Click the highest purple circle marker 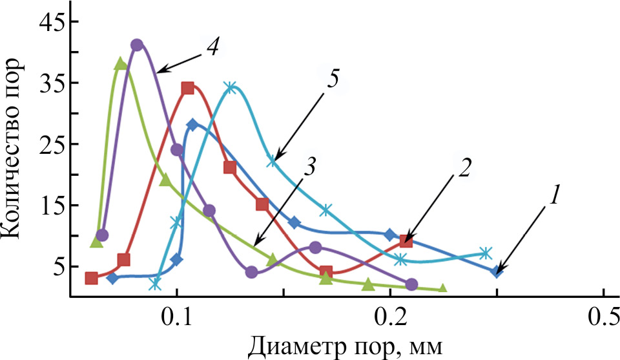(x=136, y=45)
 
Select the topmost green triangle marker (x=120, y=63)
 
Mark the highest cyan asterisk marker (x=231, y=87)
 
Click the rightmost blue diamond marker (x=496, y=271)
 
